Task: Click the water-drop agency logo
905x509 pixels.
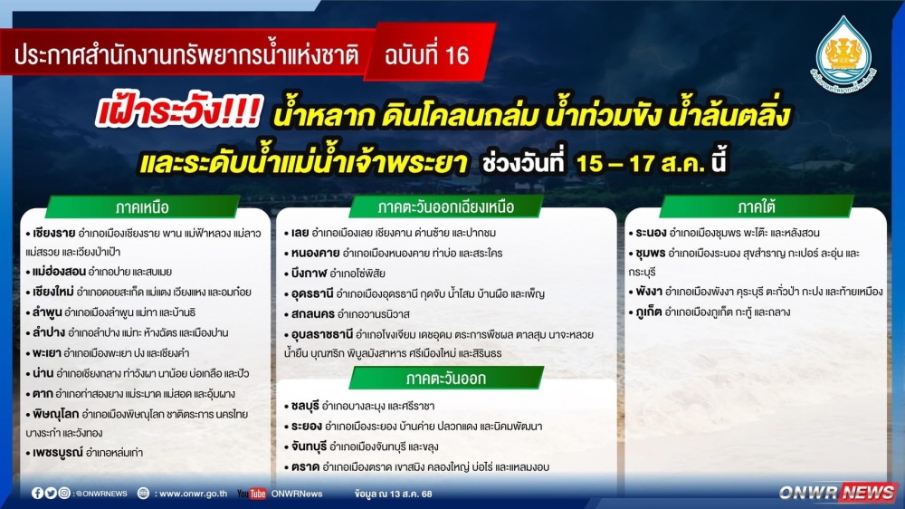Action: [843, 53]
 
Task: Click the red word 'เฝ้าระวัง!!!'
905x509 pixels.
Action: [179, 111]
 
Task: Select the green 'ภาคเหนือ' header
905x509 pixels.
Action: [143, 206]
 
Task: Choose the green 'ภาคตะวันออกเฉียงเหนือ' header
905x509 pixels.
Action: [445, 206]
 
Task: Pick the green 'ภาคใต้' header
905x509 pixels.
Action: [756, 206]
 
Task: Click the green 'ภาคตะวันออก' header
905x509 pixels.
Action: [445, 379]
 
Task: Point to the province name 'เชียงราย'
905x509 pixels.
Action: [53, 234]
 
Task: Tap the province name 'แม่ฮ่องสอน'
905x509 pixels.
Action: [59, 272]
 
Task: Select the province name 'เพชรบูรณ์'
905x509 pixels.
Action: [57, 452]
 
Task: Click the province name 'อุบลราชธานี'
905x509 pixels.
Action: [321, 334]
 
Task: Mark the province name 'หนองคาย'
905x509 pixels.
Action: [315, 253]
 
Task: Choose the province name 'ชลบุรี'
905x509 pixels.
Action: [305, 406]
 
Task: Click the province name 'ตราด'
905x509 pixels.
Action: [305, 466]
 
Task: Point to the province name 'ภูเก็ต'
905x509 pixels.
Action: [648, 312]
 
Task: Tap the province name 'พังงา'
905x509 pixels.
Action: [649, 293]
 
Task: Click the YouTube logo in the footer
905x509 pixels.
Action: [252, 494]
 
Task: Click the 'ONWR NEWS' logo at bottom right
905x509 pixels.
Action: [836, 493]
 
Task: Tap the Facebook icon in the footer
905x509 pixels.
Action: [37, 494]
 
